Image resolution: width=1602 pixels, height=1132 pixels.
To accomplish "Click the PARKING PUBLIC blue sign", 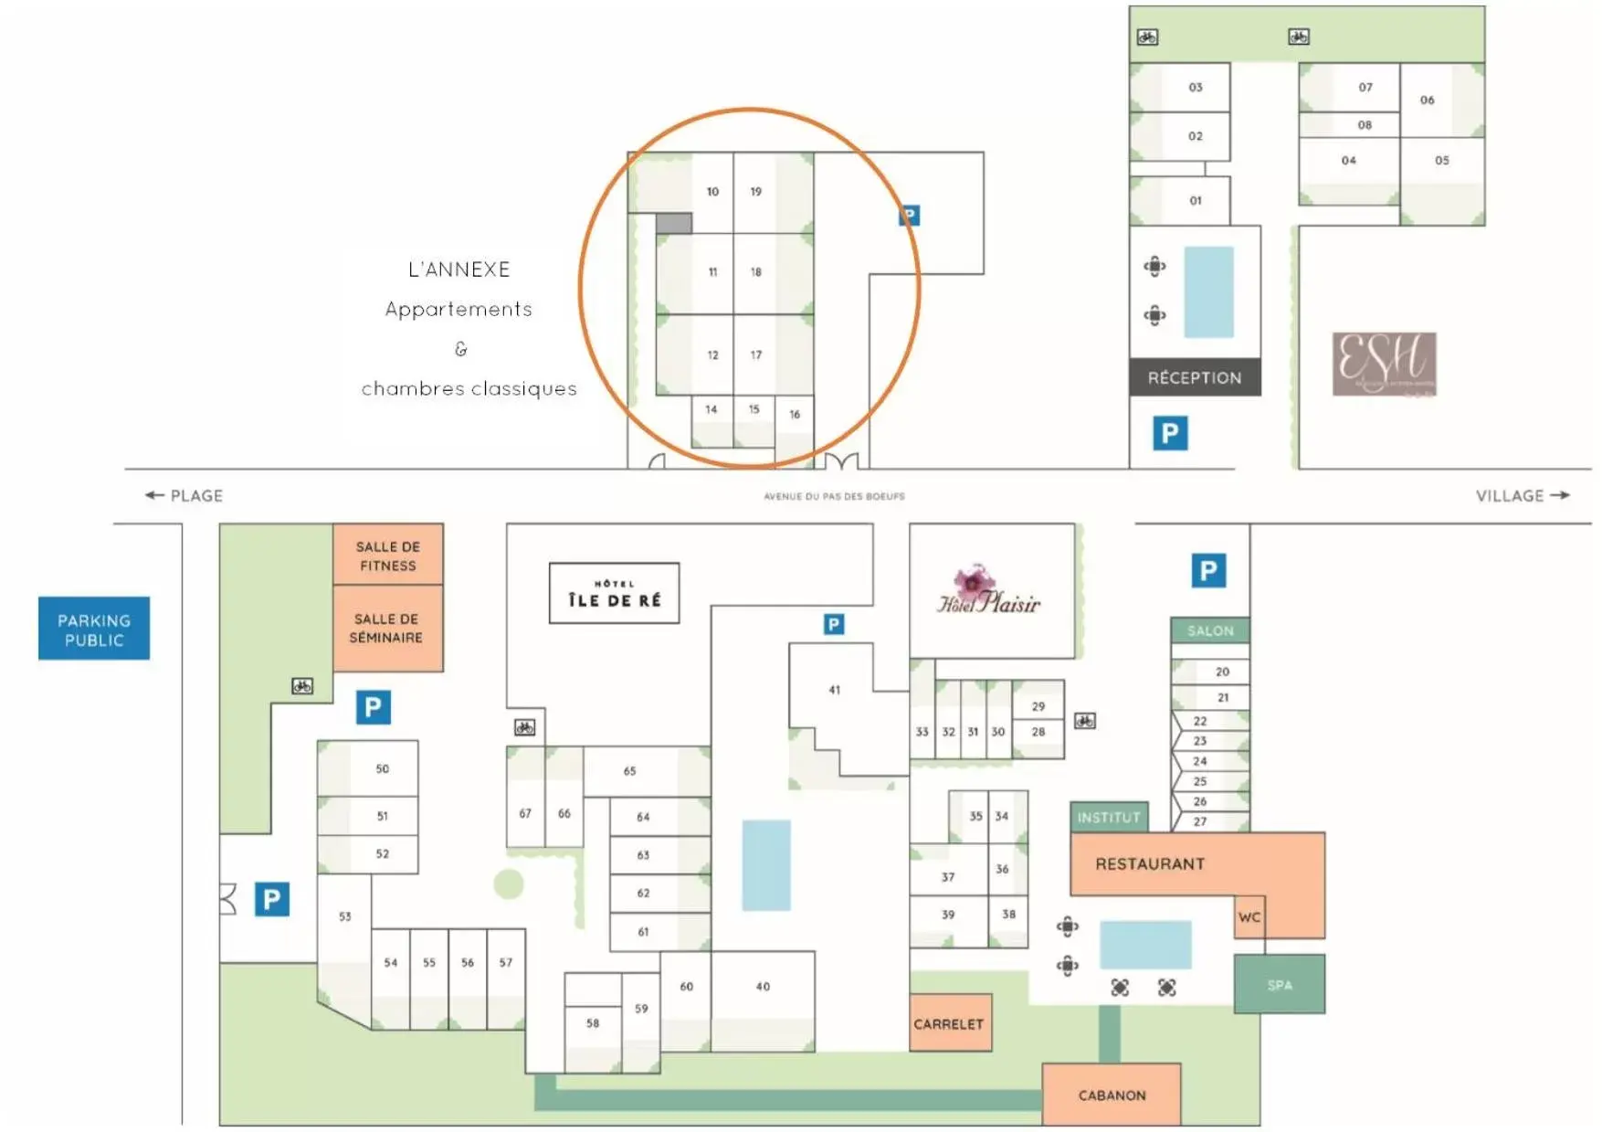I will pyautogui.click(x=93, y=629).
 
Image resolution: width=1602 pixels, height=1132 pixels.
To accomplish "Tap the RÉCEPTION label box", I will pyautogui.click(x=1194, y=377).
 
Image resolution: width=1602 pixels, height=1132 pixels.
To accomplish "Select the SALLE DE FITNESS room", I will pyautogui.click(x=387, y=555).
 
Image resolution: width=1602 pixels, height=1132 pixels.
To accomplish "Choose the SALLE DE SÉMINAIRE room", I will pyautogui.click(x=387, y=628).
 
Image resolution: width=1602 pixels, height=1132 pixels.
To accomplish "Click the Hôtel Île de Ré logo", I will pyautogui.click(x=614, y=593).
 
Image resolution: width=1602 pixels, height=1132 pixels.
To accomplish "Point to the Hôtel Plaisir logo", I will pyautogui.click(x=988, y=591).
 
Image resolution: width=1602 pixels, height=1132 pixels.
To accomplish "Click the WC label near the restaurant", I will pyautogui.click(x=1249, y=916).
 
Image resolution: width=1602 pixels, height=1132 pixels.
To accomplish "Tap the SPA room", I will pyautogui.click(x=1279, y=984).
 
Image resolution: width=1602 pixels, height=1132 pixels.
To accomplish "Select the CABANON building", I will pyautogui.click(x=1111, y=1094).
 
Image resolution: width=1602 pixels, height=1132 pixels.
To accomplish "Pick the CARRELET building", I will pyautogui.click(x=949, y=1023).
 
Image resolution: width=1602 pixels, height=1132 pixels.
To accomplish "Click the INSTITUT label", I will pyautogui.click(x=1108, y=817).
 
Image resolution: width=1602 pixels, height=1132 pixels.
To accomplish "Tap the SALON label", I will pyautogui.click(x=1209, y=630).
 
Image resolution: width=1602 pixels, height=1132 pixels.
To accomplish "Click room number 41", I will pyautogui.click(x=834, y=690).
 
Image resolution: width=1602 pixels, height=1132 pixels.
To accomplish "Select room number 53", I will pyautogui.click(x=344, y=916).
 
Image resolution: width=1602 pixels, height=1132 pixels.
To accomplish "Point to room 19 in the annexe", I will pyautogui.click(x=755, y=192).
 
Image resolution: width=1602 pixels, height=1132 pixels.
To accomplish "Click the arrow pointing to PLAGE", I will pyautogui.click(x=154, y=495).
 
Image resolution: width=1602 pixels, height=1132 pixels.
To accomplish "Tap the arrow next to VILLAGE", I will pyautogui.click(x=1561, y=495).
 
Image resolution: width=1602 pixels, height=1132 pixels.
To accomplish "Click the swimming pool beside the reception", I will pyautogui.click(x=1208, y=291).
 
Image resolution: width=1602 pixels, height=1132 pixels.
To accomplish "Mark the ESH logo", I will pyautogui.click(x=1383, y=364).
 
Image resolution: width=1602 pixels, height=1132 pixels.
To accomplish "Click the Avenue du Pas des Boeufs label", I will pyautogui.click(x=834, y=496).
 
